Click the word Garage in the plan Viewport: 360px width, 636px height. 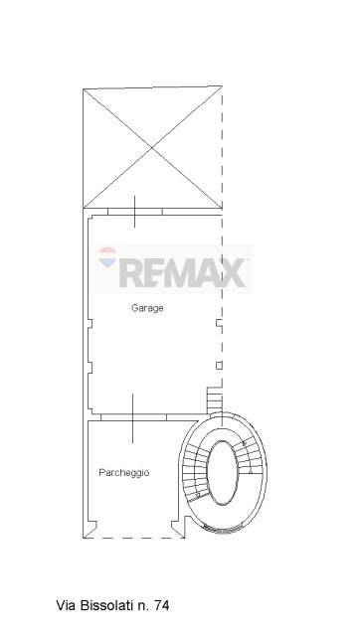[x=147, y=308]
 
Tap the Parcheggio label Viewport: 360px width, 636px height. [x=124, y=473]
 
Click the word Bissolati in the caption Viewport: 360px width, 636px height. [x=106, y=605]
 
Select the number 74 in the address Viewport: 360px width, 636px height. [x=161, y=605]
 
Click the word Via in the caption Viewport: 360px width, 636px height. [x=67, y=605]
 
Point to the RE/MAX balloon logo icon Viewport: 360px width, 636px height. [x=108, y=257]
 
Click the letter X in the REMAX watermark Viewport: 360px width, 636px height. [x=233, y=272]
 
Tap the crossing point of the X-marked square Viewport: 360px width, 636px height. [x=152, y=148]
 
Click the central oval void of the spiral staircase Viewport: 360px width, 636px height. [x=222, y=473]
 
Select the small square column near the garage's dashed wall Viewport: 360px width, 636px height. [x=219, y=366]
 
